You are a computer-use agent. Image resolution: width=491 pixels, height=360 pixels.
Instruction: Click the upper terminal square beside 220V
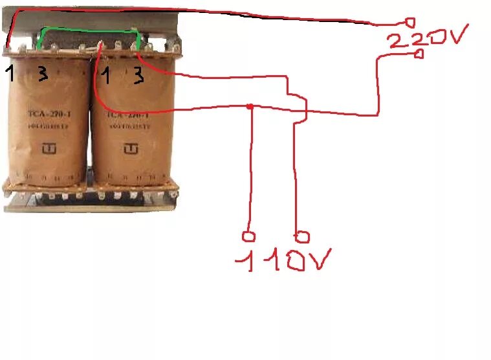[409, 22]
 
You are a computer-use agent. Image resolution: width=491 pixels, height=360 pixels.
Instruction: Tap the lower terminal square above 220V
[419, 54]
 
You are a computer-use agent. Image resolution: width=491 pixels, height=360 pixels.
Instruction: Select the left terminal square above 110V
[246, 236]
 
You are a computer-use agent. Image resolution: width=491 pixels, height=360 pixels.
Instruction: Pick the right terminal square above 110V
[302, 236]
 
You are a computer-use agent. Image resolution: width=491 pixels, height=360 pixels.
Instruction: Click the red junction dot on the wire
[250, 106]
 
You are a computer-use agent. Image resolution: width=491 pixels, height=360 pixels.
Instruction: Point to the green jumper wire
[87, 30]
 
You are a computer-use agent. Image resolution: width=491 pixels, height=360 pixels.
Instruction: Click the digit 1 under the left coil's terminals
[10, 73]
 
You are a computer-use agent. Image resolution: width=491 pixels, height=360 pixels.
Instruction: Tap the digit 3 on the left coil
[42, 74]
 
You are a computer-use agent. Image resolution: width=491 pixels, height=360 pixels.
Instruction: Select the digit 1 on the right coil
[106, 76]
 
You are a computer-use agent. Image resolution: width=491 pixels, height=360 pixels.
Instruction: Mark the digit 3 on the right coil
[138, 76]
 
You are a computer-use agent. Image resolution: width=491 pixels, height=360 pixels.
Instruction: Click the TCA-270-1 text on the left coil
[44, 117]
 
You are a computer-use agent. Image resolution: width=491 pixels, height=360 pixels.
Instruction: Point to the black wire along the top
[194, 13]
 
